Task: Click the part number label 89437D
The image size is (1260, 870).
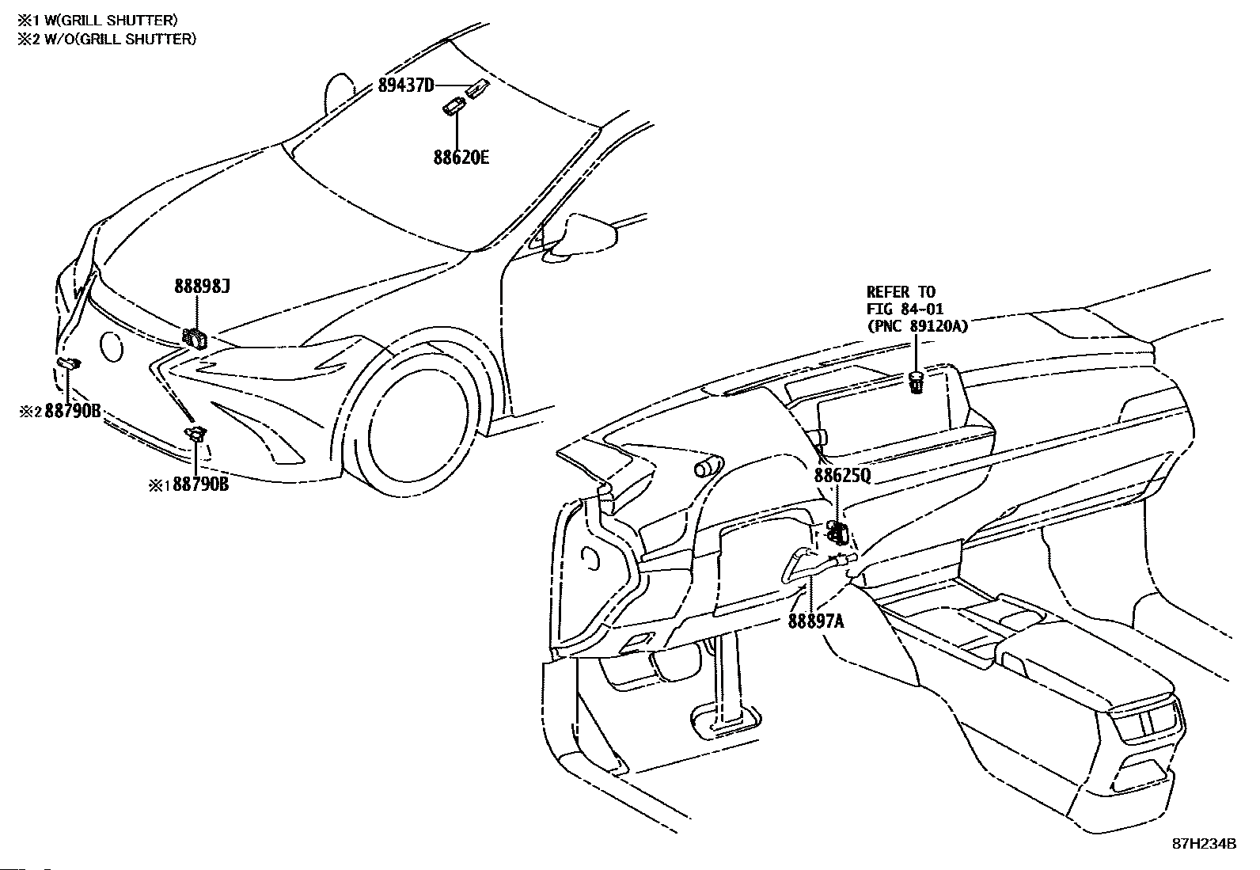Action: click(405, 85)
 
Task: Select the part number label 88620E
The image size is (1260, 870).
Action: click(461, 157)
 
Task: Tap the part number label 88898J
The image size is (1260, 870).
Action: click(202, 287)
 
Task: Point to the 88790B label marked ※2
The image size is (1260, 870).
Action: click(60, 412)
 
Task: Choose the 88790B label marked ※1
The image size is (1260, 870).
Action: click(189, 484)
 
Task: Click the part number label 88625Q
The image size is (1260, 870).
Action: click(842, 476)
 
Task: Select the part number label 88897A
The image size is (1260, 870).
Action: click(816, 621)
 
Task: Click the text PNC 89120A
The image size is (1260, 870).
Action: click(917, 326)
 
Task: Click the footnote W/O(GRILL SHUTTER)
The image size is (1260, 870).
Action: click(120, 39)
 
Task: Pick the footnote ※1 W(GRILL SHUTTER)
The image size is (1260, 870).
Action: click(97, 21)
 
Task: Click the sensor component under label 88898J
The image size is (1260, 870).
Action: click(195, 339)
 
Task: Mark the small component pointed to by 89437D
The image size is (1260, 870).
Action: click(477, 89)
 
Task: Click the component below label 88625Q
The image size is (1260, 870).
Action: click(837, 532)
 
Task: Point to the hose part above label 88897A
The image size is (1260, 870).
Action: click(816, 564)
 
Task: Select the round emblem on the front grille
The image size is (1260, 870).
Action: click(112, 347)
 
